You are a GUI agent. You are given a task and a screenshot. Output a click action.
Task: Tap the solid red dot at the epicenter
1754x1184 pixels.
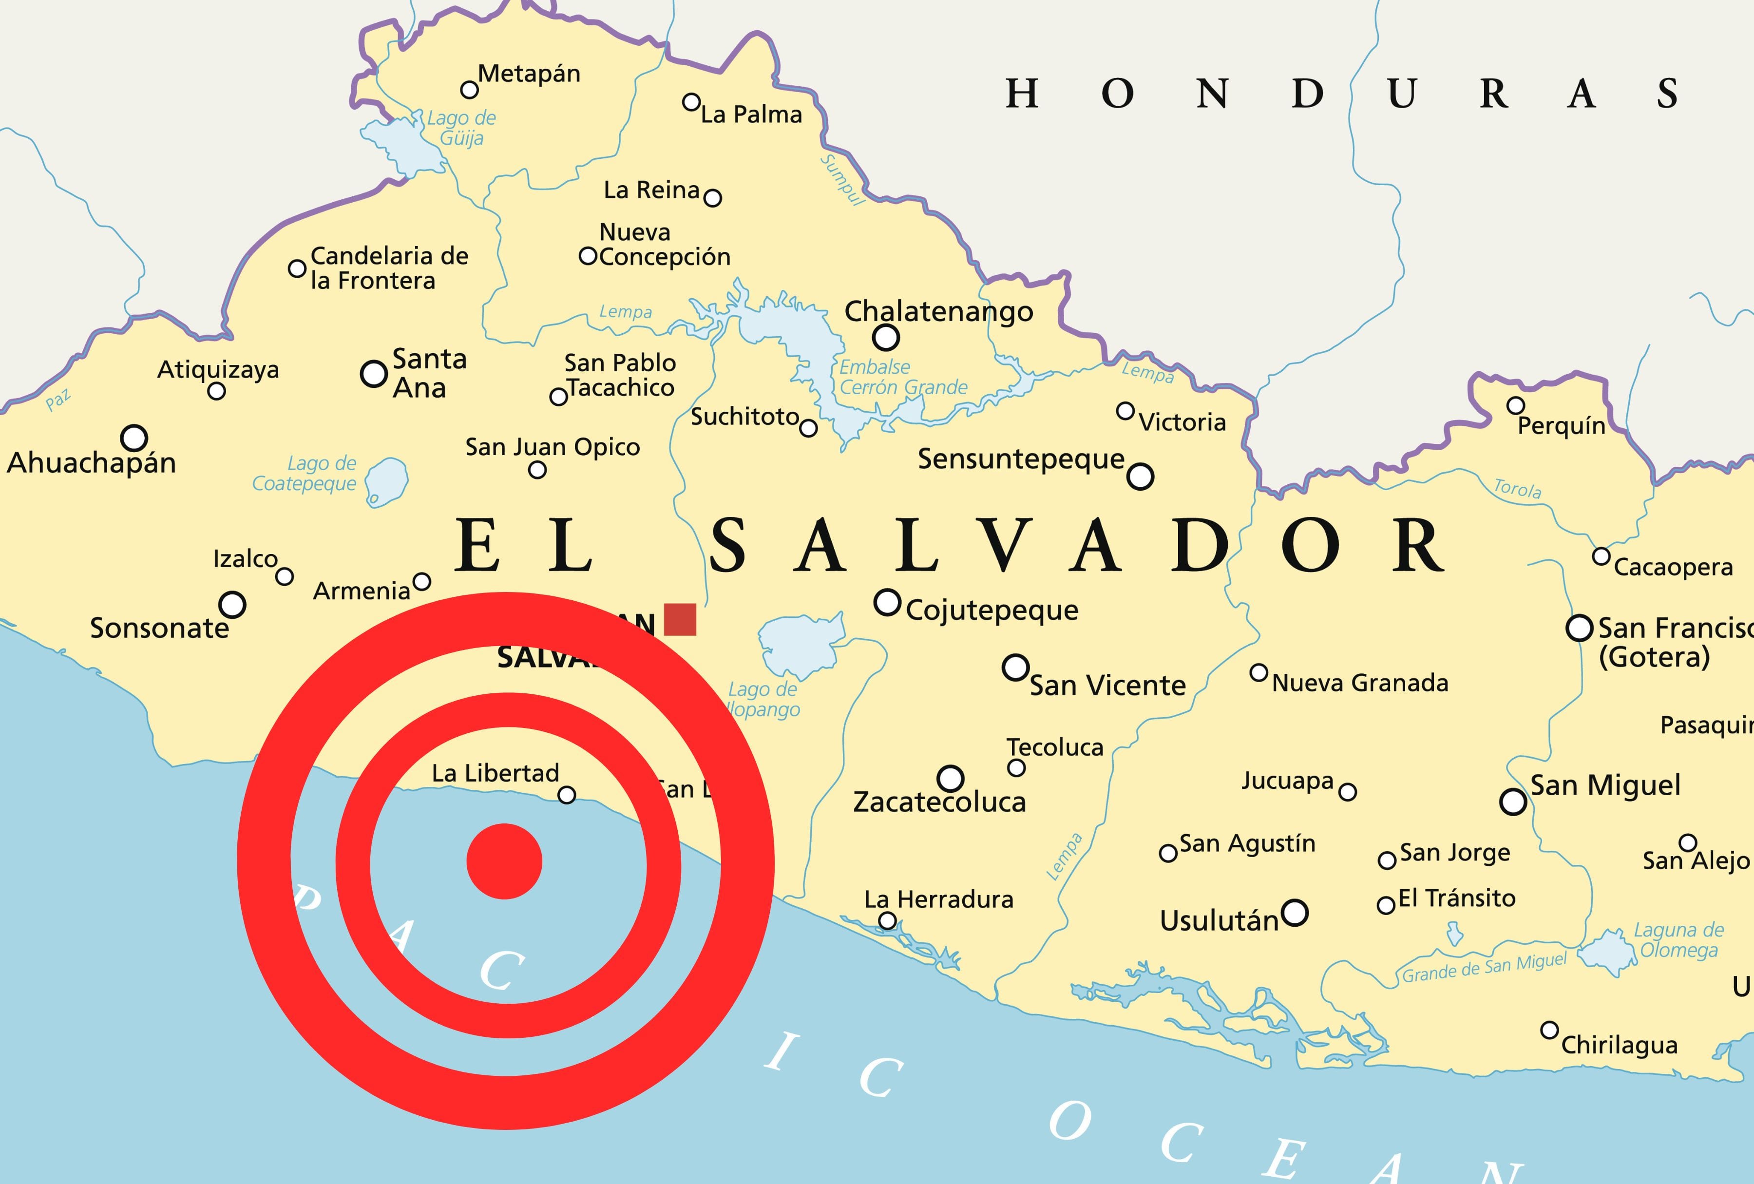[x=504, y=861]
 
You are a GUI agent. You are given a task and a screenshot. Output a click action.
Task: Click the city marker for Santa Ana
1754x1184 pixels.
[x=374, y=374]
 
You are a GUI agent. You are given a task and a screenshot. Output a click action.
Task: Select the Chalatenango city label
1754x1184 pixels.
[x=938, y=311]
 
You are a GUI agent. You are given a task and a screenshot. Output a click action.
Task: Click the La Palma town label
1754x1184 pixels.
[x=751, y=115]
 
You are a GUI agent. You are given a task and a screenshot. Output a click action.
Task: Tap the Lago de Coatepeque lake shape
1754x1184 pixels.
[x=387, y=481]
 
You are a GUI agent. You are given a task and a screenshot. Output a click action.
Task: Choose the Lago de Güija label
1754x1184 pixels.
[x=461, y=128]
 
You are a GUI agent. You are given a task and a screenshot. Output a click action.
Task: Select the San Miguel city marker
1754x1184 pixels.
[x=1512, y=802]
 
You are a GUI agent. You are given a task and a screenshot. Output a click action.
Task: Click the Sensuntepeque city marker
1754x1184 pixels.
[x=1140, y=476]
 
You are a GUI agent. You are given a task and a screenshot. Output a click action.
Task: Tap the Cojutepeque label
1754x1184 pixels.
[x=991, y=610]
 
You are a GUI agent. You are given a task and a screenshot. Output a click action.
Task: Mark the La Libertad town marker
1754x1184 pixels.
[x=566, y=795]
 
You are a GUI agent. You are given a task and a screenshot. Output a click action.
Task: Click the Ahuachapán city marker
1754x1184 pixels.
[x=134, y=438]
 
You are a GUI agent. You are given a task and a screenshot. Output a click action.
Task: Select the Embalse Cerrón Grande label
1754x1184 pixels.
[x=903, y=377]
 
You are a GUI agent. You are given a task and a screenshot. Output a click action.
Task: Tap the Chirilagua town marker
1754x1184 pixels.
[x=1549, y=1030]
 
